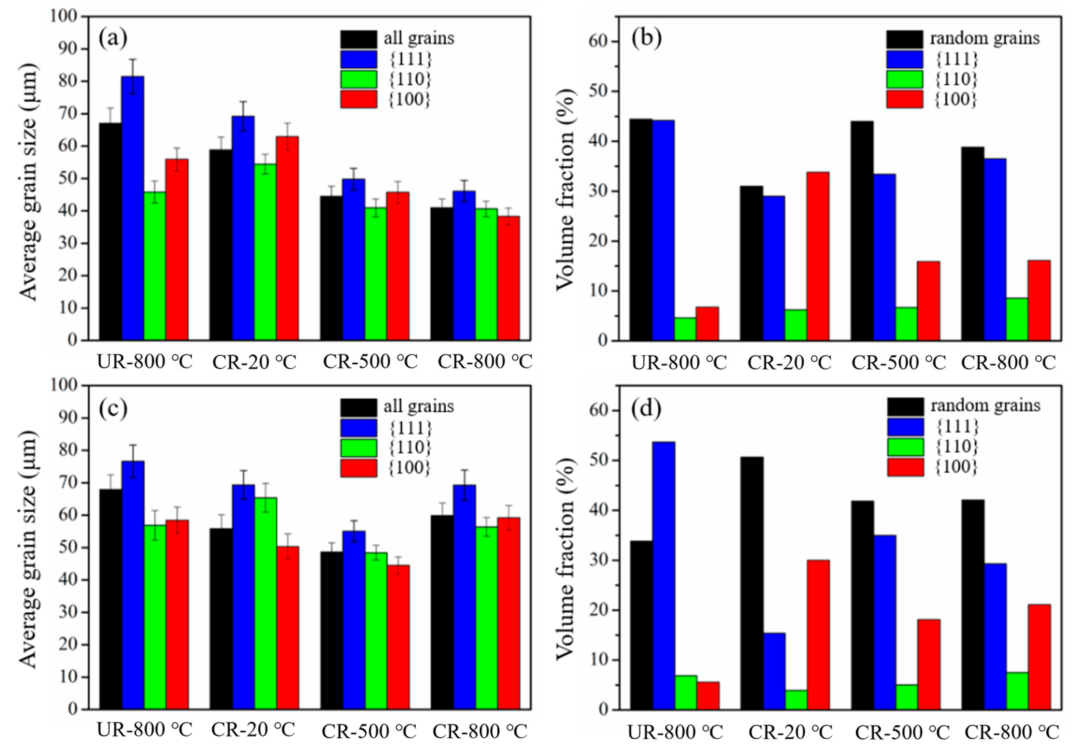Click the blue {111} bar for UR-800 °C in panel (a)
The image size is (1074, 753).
pos(133,208)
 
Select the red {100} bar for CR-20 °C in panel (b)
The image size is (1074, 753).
pos(818,256)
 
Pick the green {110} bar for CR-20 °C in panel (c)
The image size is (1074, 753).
pos(265,603)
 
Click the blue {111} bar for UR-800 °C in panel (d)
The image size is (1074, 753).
pos(664,576)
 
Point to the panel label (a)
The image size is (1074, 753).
pos(113,39)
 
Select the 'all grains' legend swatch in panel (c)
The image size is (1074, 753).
pos(358,406)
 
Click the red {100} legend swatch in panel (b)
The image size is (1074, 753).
pos(904,99)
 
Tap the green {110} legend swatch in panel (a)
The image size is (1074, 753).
pos(358,79)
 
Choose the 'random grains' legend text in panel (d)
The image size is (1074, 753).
pos(985,405)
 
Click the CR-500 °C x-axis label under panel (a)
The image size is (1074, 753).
pos(370,361)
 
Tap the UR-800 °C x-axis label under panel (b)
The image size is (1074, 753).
pos(679,362)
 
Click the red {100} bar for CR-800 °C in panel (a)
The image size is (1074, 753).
pos(508,278)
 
